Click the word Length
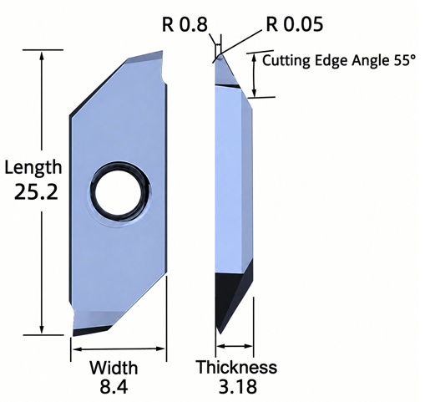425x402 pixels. pyautogui.click(x=33, y=168)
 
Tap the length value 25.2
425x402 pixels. pyautogui.click(x=36, y=192)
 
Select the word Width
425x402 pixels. pyautogui.click(x=114, y=368)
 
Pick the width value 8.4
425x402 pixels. pyautogui.click(x=114, y=387)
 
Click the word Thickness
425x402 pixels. pyautogui.click(x=236, y=367)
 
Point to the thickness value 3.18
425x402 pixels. pyautogui.click(x=238, y=386)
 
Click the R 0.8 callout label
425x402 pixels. pyautogui.click(x=185, y=24)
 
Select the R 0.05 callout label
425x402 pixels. pyautogui.click(x=295, y=24)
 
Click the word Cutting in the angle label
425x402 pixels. pyautogui.click(x=286, y=61)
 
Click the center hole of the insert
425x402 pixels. pyautogui.click(x=120, y=192)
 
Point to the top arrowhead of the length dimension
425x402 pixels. pyautogui.click(x=42, y=56)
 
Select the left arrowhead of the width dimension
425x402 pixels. pyautogui.click(x=77, y=349)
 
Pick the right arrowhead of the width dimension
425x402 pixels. pyautogui.click(x=160, y=349)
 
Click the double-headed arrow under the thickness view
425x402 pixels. pyautogui.click(x=235, y=346)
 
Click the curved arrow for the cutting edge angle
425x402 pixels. pyautogui.click(x=254, y=75)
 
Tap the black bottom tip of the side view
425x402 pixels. pyautogui.click(x=220, y=333)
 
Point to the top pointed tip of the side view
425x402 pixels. pyautogui.click(x=220, y=54)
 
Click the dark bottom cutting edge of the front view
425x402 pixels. pyautogui.click(x=92, y=331)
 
